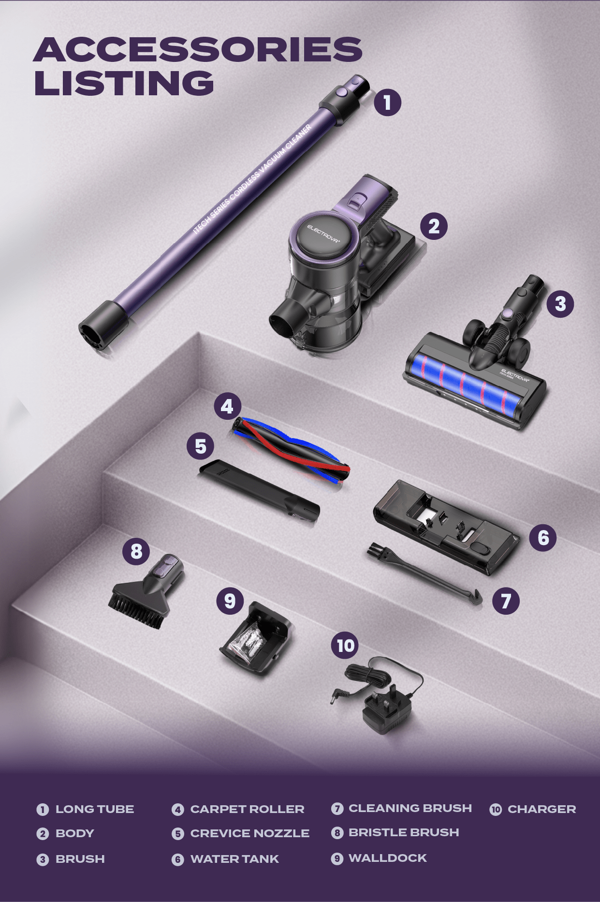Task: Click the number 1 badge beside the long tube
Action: click(x=387, y=102)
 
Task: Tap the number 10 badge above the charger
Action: click(x=345, y=645)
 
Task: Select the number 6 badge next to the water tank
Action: click(x=543, y=537)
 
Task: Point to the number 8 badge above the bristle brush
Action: click(x=136, y=550)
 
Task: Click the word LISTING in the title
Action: click(x=124, y=83)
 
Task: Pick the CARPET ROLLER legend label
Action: click(x=247, y=809)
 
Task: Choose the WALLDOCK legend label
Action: click(x=388, y=858)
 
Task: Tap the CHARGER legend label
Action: click(x=541, y=809)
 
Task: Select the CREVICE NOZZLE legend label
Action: click(x=249, y=833)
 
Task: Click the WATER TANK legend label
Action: click(x=234, y=859)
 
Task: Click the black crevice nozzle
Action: click(x=260, y=490)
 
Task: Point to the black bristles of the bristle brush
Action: click(x=133, y=612)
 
